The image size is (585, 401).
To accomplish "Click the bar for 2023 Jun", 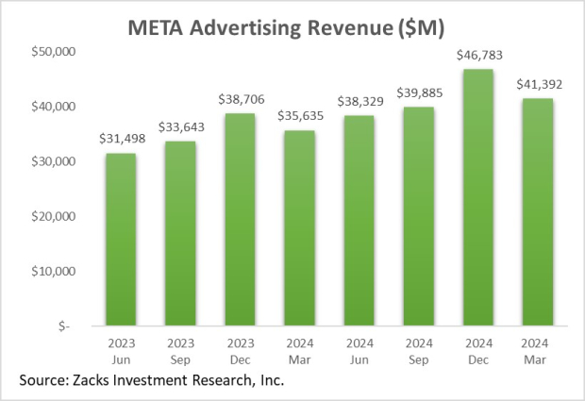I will coord(121,240).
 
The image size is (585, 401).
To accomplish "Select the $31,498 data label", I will coord(121,140).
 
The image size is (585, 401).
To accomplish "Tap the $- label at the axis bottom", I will coord(62,326).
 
